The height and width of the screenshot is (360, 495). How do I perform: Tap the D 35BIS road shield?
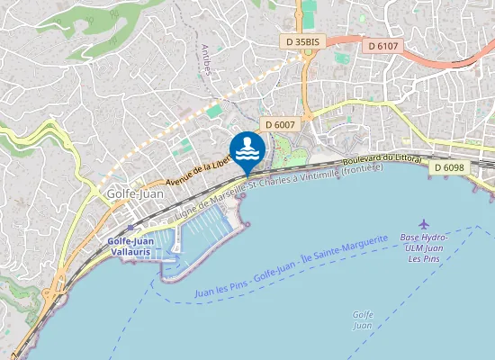(301, 41)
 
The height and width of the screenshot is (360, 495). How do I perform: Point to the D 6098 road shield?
(447, 167)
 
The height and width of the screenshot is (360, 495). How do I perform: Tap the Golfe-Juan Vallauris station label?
(130, 247)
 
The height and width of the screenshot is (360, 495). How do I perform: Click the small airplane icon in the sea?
(425, 223)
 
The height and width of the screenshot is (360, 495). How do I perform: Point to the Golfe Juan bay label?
(363, 319)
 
